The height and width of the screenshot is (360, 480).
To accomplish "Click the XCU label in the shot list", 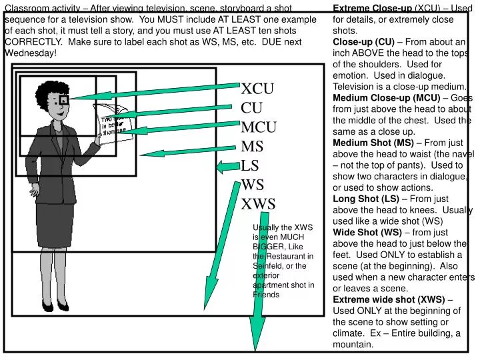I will (x=258, y=89).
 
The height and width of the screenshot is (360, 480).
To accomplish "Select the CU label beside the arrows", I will (x=252, y=108).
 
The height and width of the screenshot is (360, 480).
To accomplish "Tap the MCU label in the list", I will (x=259, y=127).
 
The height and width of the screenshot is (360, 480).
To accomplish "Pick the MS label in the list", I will (x=252, y=147).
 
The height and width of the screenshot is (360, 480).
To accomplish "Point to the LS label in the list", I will (x=250, y=166).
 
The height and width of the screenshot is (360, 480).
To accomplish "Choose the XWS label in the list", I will (x=258, y=204).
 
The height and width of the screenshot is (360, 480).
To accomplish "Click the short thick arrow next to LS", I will (x=227, y=167).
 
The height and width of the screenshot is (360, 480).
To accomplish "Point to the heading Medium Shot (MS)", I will (x=373, y=142).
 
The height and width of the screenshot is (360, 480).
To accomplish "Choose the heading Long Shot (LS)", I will (x=365, y=199).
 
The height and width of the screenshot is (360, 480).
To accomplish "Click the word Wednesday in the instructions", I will (x=30, y=53).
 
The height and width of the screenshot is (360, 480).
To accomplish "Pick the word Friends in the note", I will (x=266, y=294).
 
